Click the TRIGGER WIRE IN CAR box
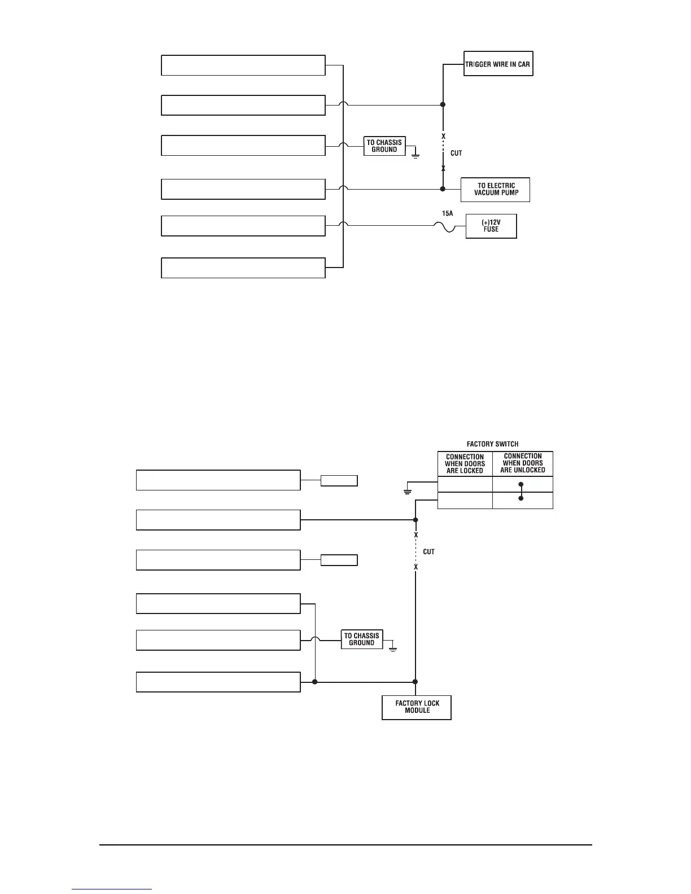(x=498, y=64)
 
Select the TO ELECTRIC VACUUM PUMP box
(x=495, y=190)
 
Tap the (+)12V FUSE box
(x=491, y=226)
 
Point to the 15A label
(x=447, y=214)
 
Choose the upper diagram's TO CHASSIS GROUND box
(x=384, y=146)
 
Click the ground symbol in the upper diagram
(x=416, y=154)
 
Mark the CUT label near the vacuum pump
(x=456, y=153)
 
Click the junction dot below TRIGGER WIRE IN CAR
(x=443, y=104)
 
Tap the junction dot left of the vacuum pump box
(x=443, y=189)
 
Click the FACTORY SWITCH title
(x=492, y=444)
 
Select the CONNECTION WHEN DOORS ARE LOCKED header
(x=465, y=464)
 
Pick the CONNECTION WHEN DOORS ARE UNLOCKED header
(x=523, y=463)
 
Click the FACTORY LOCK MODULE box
(x=417, y=707)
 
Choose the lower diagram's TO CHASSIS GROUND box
(x=362, y=639)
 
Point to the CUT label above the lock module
(x=429, y=551)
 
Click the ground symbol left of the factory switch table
(x=407, y=492)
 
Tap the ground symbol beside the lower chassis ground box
(x=393, y=648)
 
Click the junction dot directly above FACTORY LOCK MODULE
(x=416, y=682)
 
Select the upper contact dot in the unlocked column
(x=521, y=484)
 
